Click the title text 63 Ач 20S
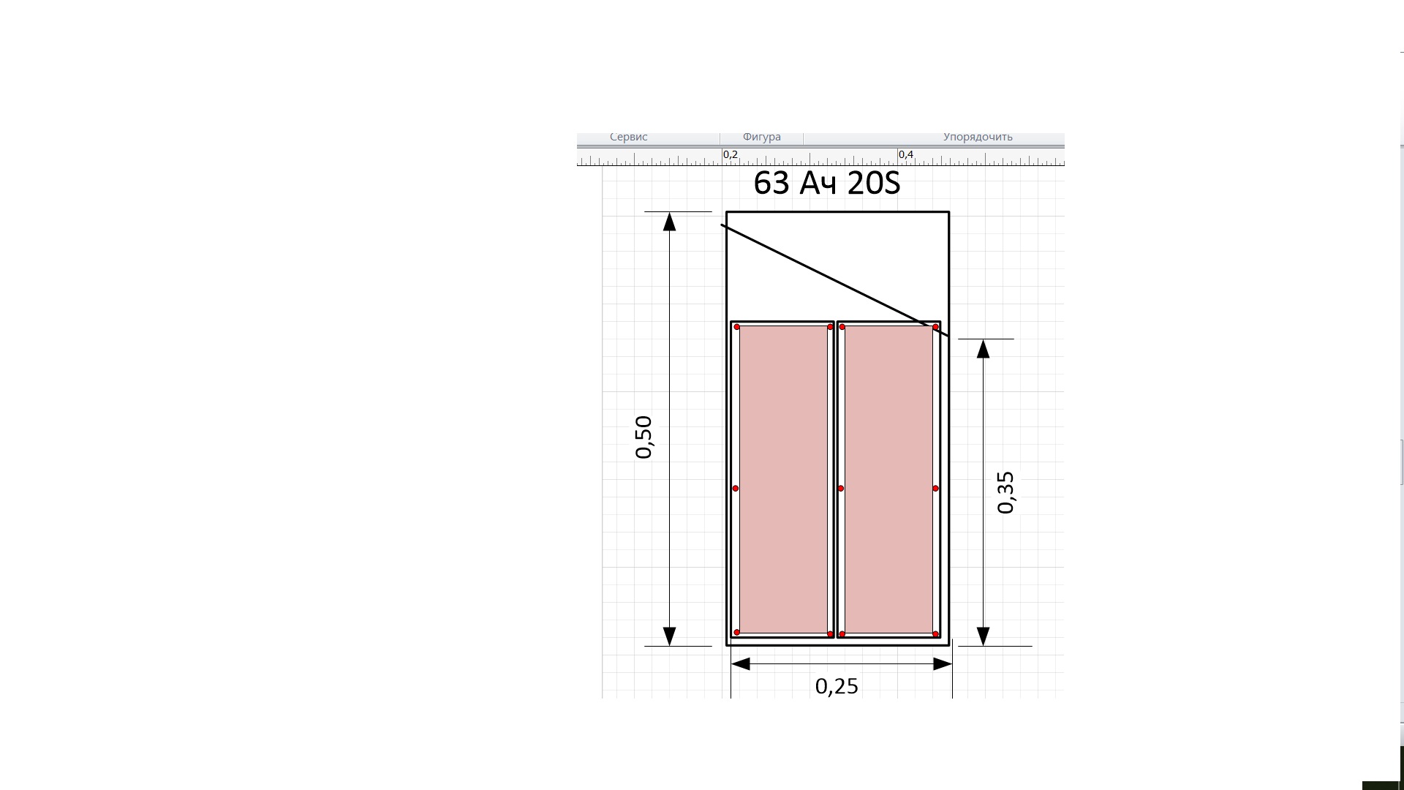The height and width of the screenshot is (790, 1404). (x=826, y=183)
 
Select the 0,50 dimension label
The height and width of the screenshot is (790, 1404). (x=643, y=437)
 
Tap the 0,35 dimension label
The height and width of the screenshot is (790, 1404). (x=1005, y=492)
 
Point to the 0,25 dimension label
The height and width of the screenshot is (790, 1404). (x=837, y=686)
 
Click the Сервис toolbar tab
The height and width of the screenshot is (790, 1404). (x=629, y=137)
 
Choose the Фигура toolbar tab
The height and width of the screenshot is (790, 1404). (x=762, y=137)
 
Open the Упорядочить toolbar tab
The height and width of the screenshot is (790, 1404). (x=978, y=137)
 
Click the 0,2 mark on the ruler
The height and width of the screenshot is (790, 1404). (x=731, y=154)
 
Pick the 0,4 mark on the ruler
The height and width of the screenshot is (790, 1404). (x=906, y=154)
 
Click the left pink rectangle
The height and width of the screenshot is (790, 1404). (x=783, y=480)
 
